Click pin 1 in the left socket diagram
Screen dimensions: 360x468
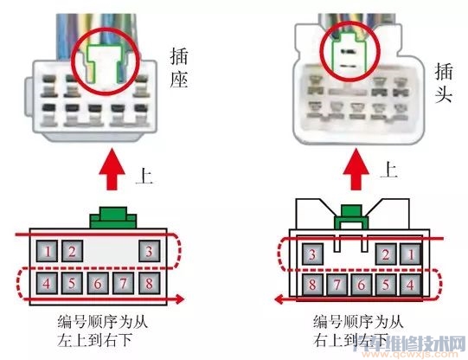pos(49,253)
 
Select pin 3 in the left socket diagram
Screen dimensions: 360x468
pos(150,253)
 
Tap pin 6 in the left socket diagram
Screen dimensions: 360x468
pos(99,283)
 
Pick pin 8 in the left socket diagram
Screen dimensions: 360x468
pos(150,283)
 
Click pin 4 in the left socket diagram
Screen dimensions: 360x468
pos(49,283)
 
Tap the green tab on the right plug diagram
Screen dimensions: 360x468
pos(349,212)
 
